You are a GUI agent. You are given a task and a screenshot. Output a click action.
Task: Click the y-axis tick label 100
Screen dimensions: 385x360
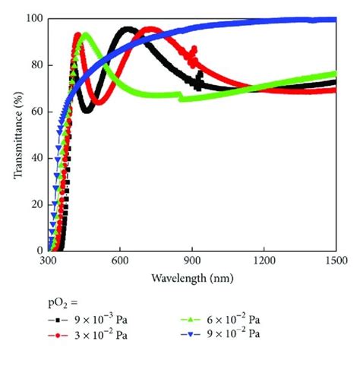[34, 18]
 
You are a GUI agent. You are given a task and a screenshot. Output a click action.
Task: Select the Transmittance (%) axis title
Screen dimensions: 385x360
[16, 135]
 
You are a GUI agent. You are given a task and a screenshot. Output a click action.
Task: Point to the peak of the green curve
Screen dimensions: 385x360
[86, 34]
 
